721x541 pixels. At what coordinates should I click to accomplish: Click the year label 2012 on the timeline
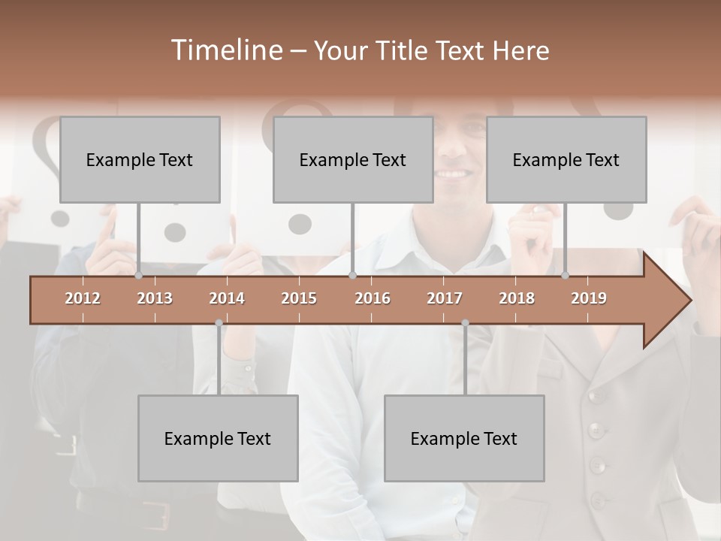pos(83,298)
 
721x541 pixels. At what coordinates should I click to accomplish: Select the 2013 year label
pos(155,298)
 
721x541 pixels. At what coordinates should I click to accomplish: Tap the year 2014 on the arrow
pos(227,298)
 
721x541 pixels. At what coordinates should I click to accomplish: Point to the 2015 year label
pos(299,298)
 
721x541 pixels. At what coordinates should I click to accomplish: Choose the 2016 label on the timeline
pos(373,298)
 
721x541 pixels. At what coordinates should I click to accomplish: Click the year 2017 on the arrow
pos(445,298)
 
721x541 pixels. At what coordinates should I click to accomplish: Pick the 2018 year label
pos(517,298)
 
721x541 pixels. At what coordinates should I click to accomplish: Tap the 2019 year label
pos(589,298)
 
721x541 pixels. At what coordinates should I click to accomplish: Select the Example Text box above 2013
pos(140,159)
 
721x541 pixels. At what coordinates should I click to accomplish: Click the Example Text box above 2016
pos(353,159)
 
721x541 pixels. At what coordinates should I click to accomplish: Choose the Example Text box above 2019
pos(566,159)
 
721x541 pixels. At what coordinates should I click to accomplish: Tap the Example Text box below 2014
pos(218,438)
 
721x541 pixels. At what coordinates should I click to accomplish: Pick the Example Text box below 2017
pos(464,438)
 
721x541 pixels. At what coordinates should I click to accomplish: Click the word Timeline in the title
pos(226,50)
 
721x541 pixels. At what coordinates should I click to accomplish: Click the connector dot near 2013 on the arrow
pos(138,276)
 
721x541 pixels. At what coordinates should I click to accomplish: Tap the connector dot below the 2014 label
pos(219,323)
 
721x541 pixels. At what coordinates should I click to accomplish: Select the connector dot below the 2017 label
pos(465,323)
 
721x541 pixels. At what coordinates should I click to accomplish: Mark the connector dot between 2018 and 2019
pos(566,276)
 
